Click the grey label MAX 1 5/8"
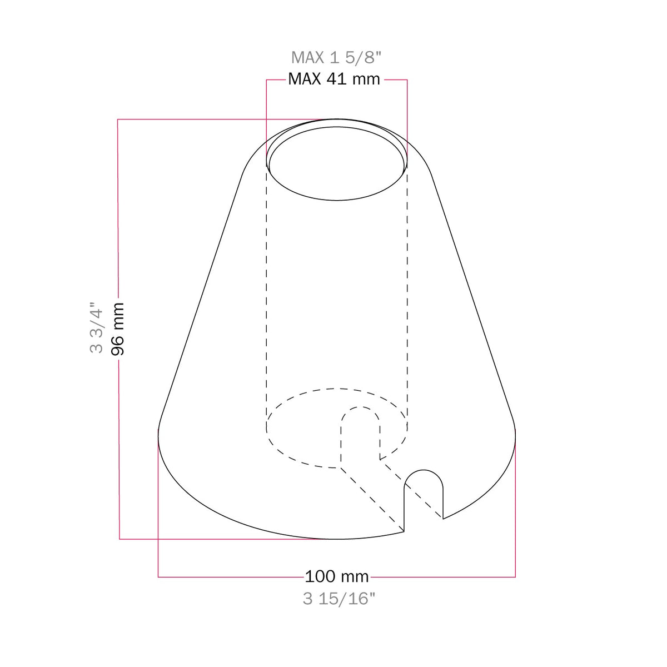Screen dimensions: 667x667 336,57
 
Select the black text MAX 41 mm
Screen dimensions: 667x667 334,79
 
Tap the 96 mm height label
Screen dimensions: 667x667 118,329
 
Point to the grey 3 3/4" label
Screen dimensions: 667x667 97,327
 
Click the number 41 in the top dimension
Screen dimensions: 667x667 336,79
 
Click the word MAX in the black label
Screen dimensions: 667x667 305,79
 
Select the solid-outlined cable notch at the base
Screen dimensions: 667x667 424,470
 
